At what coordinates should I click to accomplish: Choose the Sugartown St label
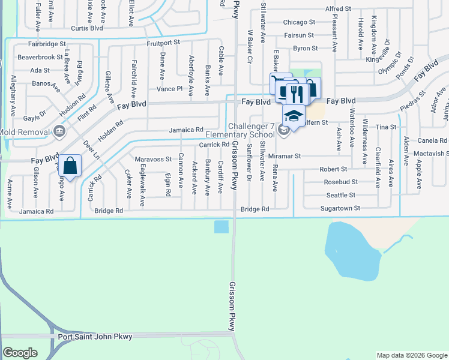point(340,208)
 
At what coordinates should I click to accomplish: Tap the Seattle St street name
point(341,195)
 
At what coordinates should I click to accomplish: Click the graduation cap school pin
point(294,115)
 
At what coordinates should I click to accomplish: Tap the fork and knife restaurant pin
point(295,93)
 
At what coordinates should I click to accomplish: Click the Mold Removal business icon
point(59,130)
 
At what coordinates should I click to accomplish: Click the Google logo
point(20,352)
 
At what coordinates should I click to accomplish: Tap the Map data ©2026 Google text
point(411,355)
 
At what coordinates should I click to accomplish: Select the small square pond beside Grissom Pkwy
point(221,226)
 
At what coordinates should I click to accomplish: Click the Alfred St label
point(338,9)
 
